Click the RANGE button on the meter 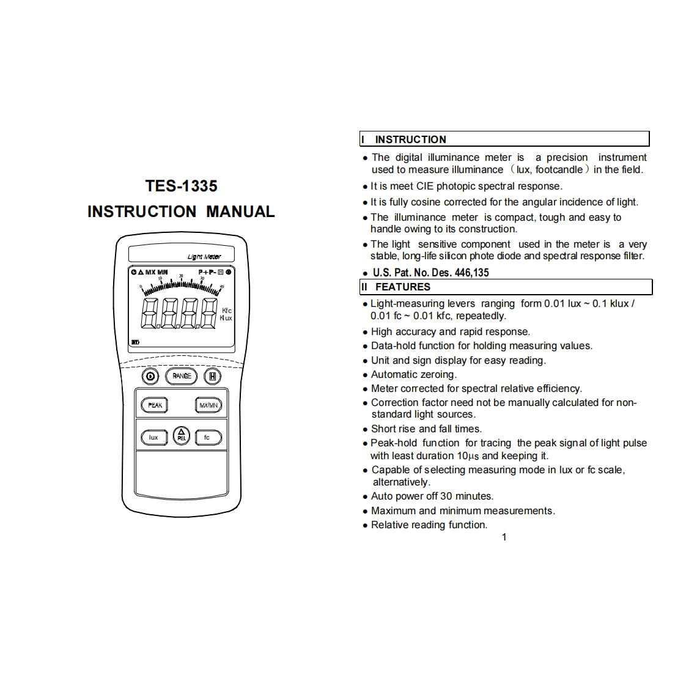pyautogui.click(x=182, y=376)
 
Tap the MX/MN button pyautogui.click(x=208, y=405)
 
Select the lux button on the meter pyautogui.click(x=153, y=437)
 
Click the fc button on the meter pyautogui.click(x=207, y=437)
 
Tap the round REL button pyautogui.click(x=181, y=435)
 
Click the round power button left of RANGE pyautogui.click(x=151, y=376)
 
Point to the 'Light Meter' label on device pyautogui.click(x=204, y=257)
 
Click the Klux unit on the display pyautogui.click(x=226, y=319)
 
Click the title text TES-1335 pyautogui.click(x=181, y=186)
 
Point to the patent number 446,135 pyautogui.click(x=471, y=273)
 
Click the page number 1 pyautogui.click(x=504, y=537)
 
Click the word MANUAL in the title pyautogui.click(x=240, y=212)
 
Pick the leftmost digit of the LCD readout pyautogui.click(x=150, y=314)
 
